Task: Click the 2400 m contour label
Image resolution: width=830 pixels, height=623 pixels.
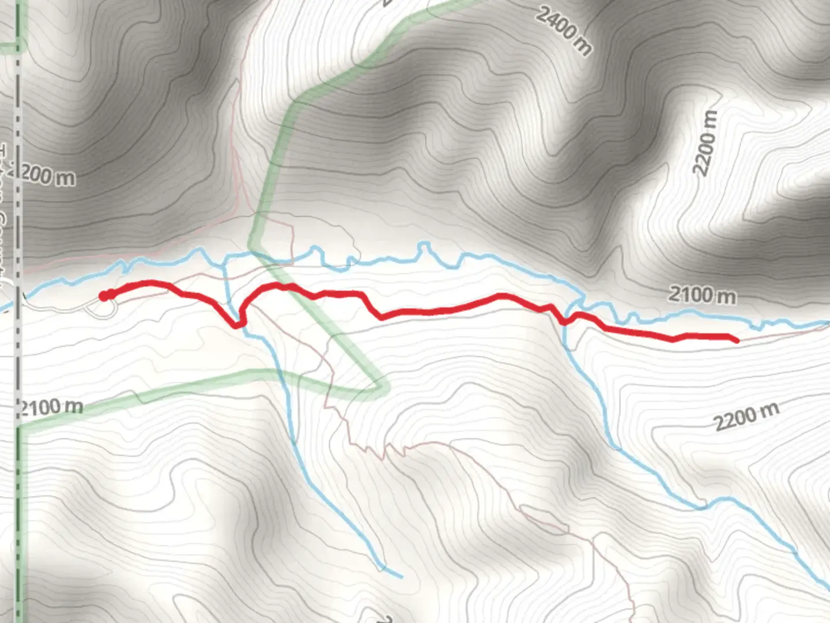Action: coord(563,31)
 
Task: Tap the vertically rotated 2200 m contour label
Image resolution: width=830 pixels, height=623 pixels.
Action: coord(707,142)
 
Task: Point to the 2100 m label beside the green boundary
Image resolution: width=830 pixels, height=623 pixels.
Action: coord(51,407)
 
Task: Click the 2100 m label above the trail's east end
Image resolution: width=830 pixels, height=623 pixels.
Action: coord(701,295)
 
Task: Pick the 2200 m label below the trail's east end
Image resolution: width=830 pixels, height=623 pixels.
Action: coord(746,416)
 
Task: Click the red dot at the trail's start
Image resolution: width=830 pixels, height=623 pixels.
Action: coord(104,296)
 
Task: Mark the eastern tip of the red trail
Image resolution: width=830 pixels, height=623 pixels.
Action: coord(737,341)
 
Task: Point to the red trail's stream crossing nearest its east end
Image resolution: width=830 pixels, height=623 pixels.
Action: coord(566,321)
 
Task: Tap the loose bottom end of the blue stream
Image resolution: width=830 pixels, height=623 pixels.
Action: coord(401,576)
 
